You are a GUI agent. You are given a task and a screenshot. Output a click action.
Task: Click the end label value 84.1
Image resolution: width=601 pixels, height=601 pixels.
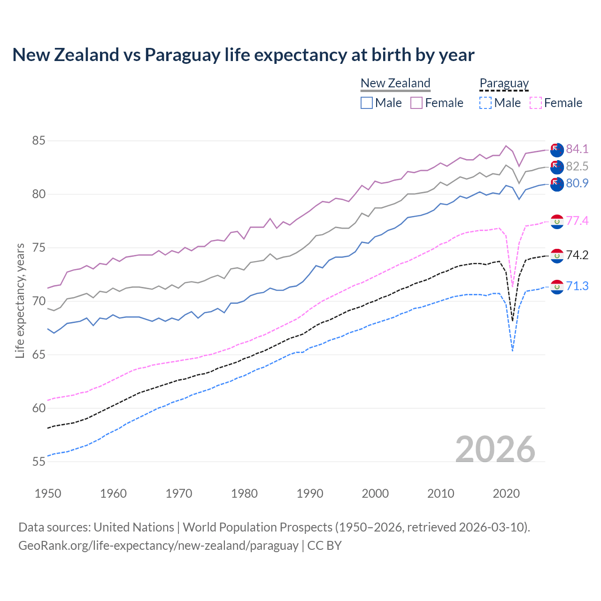click(577, 149)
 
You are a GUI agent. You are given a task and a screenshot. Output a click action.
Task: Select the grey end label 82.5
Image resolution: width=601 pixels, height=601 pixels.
click(577, 166)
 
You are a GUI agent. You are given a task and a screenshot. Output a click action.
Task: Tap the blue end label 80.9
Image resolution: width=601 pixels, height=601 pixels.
click(577, 183)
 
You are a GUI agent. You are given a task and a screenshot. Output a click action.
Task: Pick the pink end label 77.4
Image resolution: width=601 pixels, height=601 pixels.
click(577, 221)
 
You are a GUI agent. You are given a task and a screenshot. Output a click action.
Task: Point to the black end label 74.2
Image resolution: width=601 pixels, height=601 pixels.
click(577, 255)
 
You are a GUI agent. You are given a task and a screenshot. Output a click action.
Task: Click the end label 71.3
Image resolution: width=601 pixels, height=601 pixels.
click(577, 286)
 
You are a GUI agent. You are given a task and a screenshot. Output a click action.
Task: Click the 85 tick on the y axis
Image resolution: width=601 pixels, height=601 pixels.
click(39, 140)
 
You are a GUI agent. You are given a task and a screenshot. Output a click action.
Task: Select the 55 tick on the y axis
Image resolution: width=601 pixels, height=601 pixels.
click(39, 462)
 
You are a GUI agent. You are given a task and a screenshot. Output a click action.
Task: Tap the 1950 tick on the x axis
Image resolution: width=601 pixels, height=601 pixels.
click(48, 493)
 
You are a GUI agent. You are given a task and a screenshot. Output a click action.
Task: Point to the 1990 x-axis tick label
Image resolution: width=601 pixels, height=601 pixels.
click(310, 493)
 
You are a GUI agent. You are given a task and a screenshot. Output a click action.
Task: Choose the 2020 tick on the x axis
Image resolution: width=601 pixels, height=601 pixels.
click(506, 493)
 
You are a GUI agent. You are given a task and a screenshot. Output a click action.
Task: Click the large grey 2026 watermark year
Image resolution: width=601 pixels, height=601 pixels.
click(495, 449)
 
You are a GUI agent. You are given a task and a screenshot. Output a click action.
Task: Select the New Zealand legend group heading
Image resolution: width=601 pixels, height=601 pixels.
click(395, 83)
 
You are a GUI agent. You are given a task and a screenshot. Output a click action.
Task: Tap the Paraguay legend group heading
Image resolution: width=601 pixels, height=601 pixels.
click(504, 83)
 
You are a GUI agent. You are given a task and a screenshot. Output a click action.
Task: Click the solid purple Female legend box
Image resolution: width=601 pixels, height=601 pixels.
click(416, 103)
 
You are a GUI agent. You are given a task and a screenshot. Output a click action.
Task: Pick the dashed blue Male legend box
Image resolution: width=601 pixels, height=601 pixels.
click(485, 103)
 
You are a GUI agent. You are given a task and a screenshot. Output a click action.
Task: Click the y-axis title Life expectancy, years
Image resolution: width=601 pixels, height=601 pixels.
click(20, 300)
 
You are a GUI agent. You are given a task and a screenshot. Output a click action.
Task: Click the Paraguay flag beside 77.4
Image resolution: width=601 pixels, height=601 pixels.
click(557, 221)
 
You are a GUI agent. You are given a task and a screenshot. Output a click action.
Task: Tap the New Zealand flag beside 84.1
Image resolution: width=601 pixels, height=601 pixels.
click(557, 149)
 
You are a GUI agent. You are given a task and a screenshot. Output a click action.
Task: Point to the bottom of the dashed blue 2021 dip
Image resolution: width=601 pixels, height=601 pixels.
click(512, 351)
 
